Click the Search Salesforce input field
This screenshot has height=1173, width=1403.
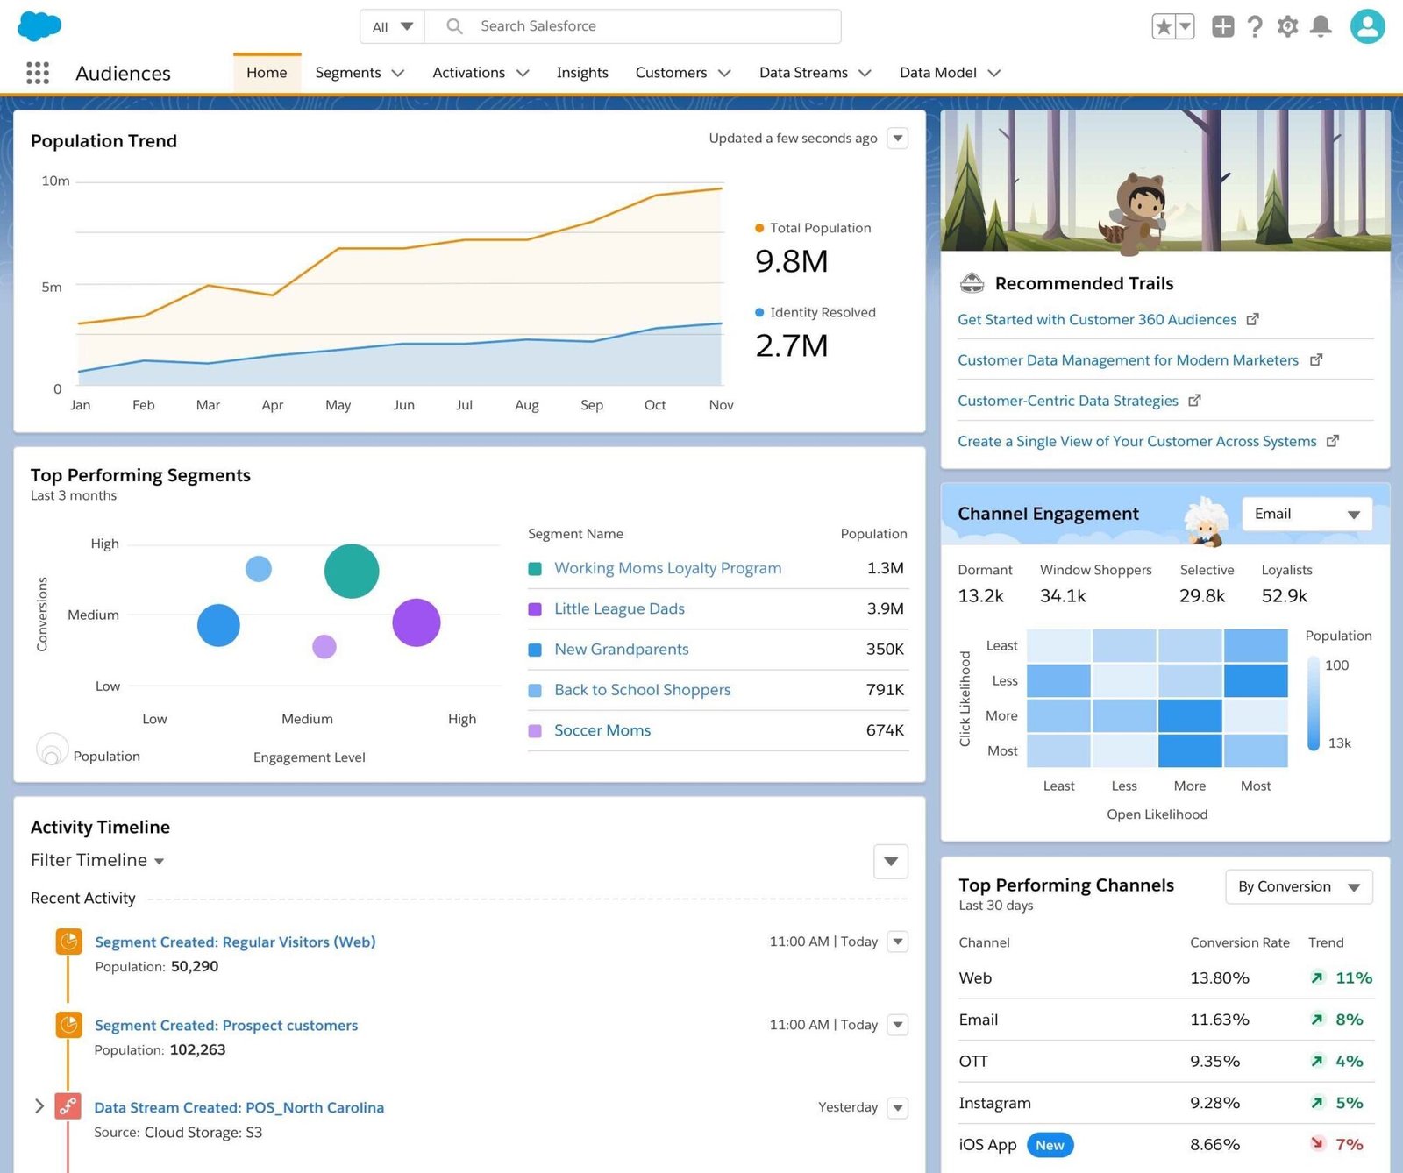(631, 26)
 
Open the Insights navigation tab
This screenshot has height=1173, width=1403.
(582, 73)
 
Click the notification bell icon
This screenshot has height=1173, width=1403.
(1321, 26)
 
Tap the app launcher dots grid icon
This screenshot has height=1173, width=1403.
(38, 73)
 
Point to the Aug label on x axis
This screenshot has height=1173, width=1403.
(527, 405)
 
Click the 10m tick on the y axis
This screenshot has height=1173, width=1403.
(55, 181)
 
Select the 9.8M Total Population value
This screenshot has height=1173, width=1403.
(792, 261)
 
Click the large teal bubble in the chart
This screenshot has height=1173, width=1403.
(352, 572)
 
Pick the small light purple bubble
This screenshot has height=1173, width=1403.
(324, 647)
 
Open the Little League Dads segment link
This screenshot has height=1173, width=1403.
(619, 608)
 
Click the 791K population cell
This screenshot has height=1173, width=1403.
(884, 690)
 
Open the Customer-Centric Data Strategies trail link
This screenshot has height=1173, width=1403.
(1068, 401)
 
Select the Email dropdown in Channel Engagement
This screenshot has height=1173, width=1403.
(1307, 514)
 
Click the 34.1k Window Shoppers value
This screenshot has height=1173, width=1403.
(1063, 596)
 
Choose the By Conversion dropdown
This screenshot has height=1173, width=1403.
(1299, 887)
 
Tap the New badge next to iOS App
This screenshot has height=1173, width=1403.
(1050, 1145)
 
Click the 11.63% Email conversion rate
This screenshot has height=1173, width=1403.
(1219, 1020)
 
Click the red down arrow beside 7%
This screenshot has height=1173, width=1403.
(1317, 1143)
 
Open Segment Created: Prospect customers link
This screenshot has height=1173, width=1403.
(226, 1025)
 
